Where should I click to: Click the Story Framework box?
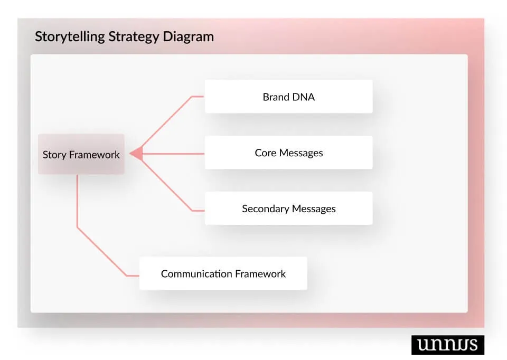(81, 154)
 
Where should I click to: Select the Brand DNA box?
(288, 97)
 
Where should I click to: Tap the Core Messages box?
(288, 153)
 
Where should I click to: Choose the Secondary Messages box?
(288, 209)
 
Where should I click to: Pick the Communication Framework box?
(223, 273)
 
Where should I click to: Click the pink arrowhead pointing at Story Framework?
(137, 154)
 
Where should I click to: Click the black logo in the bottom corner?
(447, 345)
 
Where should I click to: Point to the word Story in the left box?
(54, 155)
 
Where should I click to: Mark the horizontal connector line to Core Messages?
(174, 154)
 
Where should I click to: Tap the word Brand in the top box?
(275, 97)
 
